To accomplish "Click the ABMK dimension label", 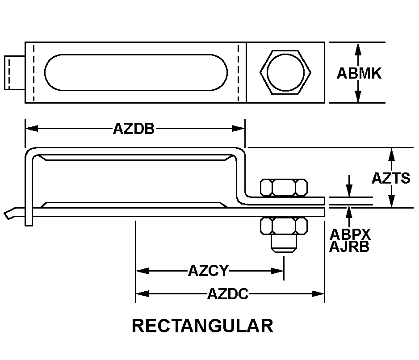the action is coord(359,73).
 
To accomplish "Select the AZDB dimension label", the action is coord(134,129).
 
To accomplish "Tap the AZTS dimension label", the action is coord(391,178).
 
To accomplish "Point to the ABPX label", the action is coord(350,234).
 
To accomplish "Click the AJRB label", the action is coord(349,247).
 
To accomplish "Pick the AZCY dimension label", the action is coord(209,271).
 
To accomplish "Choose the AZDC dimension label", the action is coord(228,294).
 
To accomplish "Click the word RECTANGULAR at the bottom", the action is coord(203,326).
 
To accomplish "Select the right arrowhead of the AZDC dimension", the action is coord(318,294).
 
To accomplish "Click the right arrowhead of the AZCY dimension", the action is coord(277,271).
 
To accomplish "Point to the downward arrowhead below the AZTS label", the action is coord(391,201).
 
